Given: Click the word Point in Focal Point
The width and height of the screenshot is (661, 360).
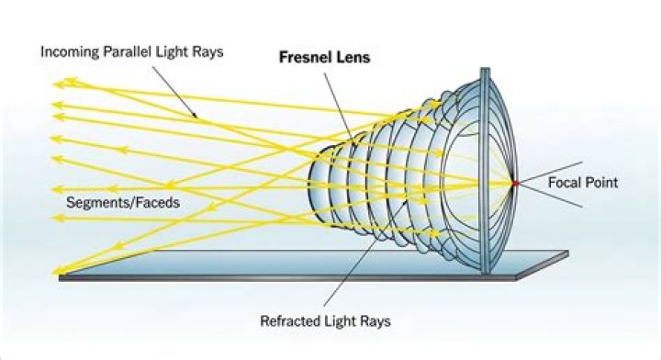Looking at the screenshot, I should [601, 183].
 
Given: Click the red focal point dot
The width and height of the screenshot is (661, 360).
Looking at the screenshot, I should [515, 183].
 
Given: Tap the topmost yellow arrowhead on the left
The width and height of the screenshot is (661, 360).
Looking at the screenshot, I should [57, 84].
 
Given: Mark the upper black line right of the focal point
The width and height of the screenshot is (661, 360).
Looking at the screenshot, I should [542, 170].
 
